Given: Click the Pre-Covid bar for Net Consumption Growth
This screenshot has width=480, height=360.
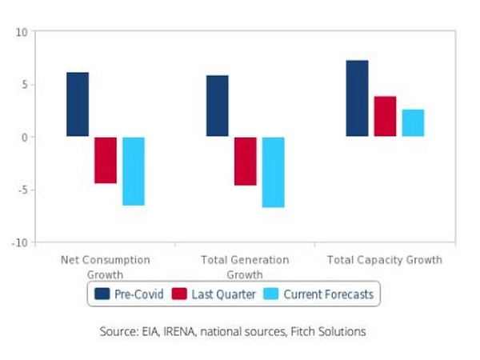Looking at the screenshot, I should [x=78, y=105].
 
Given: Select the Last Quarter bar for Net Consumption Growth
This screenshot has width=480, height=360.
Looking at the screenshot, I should [x=106, y=160].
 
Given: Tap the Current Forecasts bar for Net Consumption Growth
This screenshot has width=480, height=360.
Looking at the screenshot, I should [x=134, y=171].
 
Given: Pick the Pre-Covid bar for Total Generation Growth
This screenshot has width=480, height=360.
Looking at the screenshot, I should [x=218, y=106].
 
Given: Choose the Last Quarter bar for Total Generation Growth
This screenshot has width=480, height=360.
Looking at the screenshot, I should [x=246, y=161].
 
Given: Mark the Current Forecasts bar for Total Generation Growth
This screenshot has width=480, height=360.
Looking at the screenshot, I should [x=274, y=172].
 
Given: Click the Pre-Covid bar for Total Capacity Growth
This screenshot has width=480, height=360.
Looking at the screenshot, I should [x=358, y=98].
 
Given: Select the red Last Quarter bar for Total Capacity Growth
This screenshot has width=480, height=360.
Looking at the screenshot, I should [x=386, y=117].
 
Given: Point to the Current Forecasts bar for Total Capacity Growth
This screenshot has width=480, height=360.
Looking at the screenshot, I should [x=413, y=123].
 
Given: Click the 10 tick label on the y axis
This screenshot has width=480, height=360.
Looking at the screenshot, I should [x=22, y=32].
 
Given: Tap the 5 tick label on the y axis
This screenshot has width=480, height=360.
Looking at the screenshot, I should [x=24, y=85].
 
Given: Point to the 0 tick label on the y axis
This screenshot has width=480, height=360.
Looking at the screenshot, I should [x=24, y=137].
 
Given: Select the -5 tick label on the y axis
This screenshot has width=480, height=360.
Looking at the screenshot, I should [x=22, y=190].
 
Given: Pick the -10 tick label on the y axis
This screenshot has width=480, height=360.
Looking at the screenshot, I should [x=20, y=242].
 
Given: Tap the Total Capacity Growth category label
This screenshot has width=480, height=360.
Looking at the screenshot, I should [x=385, y=261].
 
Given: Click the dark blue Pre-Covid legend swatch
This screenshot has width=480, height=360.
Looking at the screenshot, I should [x=102, y=294].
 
